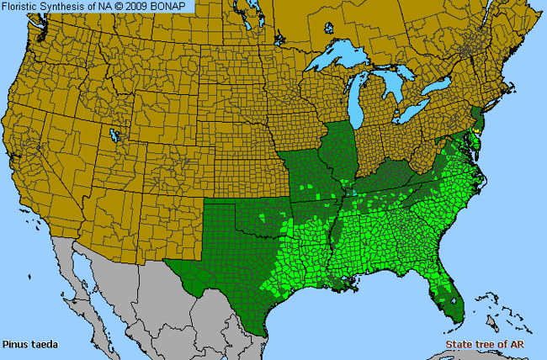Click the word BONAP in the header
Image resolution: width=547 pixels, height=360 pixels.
point(172,7)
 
